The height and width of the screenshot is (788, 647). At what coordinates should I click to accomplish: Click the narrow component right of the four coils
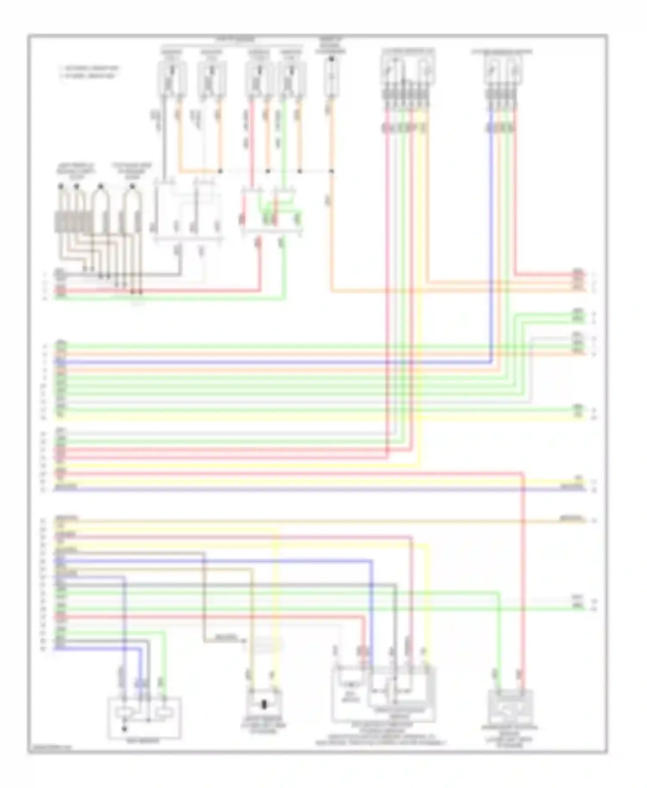click(331, 78)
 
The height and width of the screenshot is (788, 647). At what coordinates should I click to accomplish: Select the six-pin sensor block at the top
click(408, 69)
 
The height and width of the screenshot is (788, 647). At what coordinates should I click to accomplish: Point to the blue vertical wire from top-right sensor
click(491, 237)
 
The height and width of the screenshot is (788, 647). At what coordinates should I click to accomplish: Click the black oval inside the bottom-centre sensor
click(264, 706)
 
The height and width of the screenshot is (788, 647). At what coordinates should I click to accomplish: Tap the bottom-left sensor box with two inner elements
click(144, 718)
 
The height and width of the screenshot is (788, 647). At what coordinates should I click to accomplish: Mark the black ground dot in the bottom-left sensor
click(125, 729)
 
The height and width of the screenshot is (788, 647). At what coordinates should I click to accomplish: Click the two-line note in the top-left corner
click(89, 72)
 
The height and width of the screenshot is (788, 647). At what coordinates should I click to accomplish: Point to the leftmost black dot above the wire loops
click(61, 186)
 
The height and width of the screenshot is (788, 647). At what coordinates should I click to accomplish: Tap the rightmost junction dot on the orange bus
click(331, 171)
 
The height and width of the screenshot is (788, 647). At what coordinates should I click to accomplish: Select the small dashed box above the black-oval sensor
click(263, 645)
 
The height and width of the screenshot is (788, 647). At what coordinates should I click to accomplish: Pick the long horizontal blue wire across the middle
click(272, 362)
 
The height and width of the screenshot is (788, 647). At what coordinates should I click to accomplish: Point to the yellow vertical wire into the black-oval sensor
click(276, 604)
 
